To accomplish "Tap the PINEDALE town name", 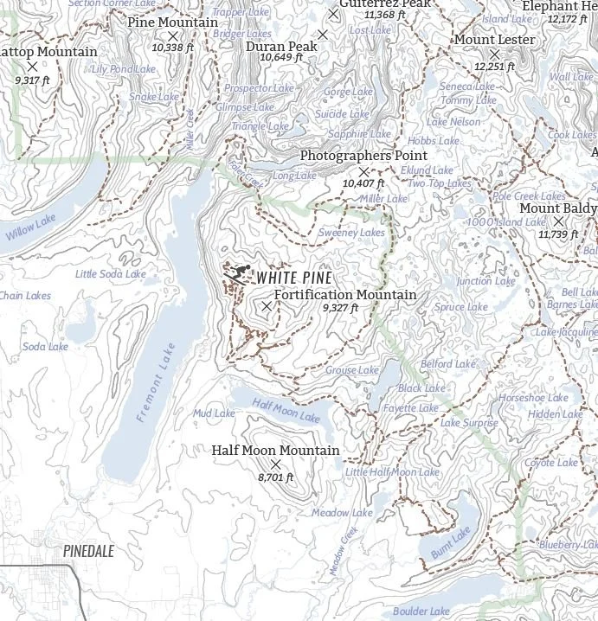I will (x=88, y=550).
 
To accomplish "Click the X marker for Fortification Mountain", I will (x=267, y=306).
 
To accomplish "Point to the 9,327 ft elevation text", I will (x=340, y=308).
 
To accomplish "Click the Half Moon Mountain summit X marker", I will (x=276, y=464).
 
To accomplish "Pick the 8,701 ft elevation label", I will (x=276, y=477).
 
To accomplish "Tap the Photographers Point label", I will (x=363, y=155).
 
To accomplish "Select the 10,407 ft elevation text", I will (x=363, y=183).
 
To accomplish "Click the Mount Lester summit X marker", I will (x=495, y=54).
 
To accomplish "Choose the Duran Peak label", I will (x=281, y=46).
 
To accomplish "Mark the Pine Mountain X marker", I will (x=172, y=36).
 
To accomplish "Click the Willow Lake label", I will (x=30, y=227).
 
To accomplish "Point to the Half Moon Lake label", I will (x=286, y=410).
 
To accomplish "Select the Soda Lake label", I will (x=45, y=347).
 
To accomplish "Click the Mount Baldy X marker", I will (x=558, y=221).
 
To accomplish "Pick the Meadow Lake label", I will (x=342, y=513).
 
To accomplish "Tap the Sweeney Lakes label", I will (x=351, y=233).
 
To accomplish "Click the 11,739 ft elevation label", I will (x=558, y=234).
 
